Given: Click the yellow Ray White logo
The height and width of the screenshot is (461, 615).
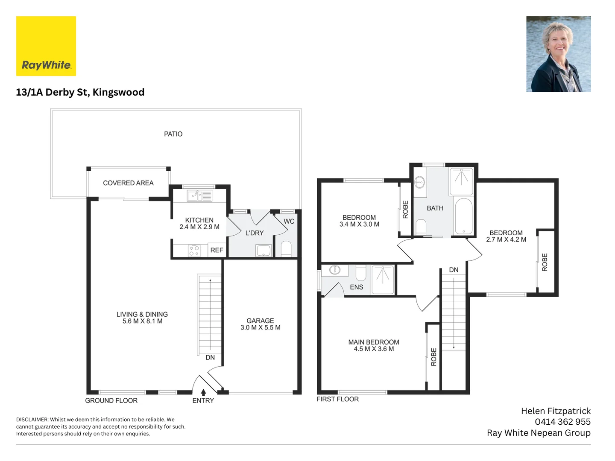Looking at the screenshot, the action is tap(46, 46).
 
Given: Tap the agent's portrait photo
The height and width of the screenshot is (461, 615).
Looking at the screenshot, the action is tap(558, 54).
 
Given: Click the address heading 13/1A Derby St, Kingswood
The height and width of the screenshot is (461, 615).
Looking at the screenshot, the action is tap(80, 92).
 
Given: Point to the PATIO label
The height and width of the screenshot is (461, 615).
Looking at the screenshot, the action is tap(173, 134).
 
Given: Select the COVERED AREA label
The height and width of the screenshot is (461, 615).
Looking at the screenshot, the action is tap(128, 183).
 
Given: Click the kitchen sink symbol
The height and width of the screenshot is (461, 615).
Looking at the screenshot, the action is tap(199, 195).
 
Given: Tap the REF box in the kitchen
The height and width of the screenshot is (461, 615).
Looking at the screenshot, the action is tap(217, 250).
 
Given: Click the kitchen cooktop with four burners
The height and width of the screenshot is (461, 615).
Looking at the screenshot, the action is tap(194, 250).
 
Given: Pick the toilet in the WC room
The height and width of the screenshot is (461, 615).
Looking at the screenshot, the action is tap(286, 248).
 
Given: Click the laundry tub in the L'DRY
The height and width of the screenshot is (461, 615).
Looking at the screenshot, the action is tap(264, 251).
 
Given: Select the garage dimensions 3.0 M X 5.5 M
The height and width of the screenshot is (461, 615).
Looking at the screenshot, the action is tap(260, 327).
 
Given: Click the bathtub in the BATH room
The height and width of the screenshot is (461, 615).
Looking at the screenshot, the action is tap(464, 216).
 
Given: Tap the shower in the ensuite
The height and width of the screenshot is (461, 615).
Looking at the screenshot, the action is tap(382, 280).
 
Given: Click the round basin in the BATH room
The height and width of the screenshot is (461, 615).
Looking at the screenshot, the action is tap(419, 183).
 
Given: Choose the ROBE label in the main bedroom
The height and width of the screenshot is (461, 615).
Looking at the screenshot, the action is tap(434, 357).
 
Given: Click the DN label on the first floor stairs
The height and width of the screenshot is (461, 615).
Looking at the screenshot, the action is tap(454, 270).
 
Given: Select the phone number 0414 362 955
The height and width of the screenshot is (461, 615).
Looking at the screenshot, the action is tap(562, 422).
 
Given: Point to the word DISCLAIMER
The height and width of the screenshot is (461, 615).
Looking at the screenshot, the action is tap(32, 420).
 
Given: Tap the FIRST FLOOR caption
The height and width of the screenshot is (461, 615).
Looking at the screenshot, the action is tap(338, 399).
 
